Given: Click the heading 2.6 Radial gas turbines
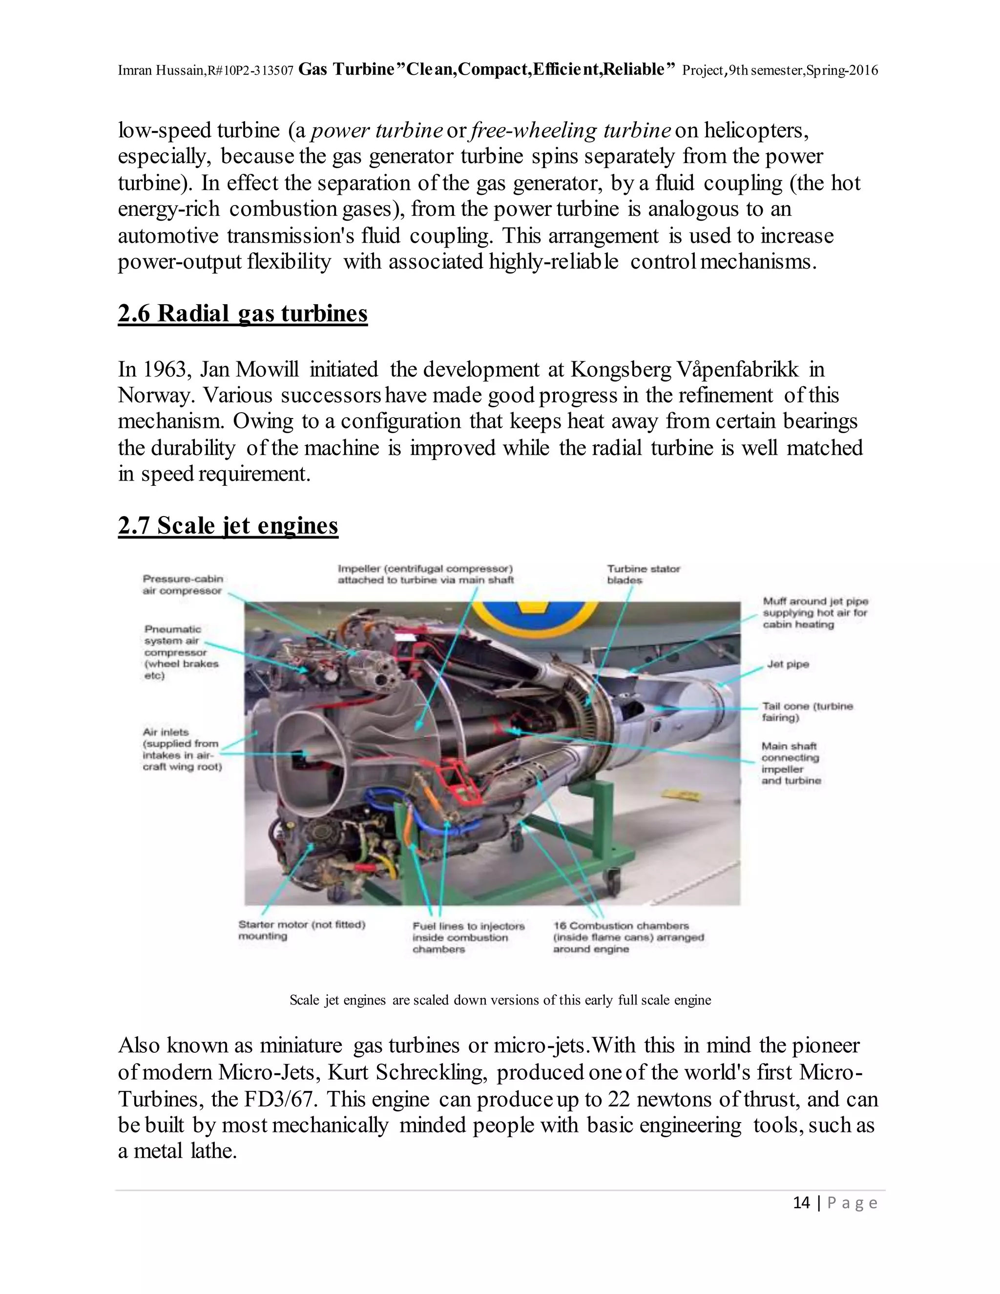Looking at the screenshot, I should (242, 313).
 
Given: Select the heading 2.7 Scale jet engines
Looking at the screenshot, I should (228, 525).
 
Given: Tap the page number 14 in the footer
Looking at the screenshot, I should (801, 1202).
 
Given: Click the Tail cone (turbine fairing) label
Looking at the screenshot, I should (806, 711).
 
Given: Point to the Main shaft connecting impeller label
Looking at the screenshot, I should (791, 763).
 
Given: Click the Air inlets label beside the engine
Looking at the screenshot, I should (181, 749).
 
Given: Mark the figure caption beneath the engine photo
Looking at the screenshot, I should (500, 1000).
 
